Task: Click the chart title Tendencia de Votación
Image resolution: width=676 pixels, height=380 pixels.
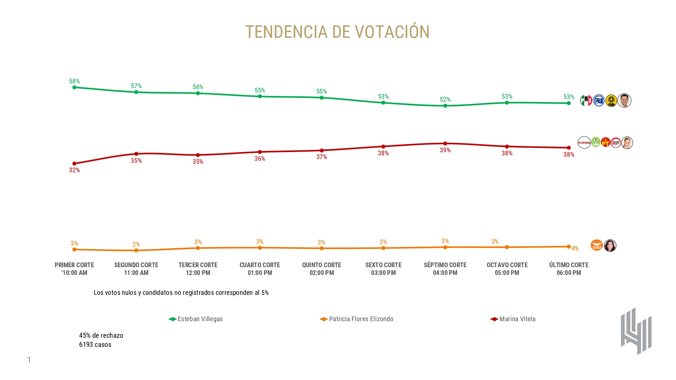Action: pos(337,32)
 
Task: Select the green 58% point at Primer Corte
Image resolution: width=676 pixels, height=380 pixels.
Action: pos(74,87)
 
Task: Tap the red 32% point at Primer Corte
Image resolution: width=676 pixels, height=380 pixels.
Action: pos(74,163)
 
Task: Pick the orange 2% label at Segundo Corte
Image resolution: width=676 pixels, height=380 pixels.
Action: pos(136,244)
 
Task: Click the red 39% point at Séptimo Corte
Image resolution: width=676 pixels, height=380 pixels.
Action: pos(445,144)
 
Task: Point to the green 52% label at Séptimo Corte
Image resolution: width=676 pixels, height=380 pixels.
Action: pos(445,100)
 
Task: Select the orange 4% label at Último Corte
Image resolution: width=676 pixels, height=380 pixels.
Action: pos(575,249)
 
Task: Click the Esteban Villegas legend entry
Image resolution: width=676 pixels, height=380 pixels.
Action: pos(196,319)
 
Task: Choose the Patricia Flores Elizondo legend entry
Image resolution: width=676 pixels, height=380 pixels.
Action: pos(357,319)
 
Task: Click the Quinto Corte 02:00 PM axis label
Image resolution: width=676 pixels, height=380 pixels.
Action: pos(321,269)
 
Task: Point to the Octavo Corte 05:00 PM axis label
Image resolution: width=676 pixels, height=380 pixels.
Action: pos(507,269)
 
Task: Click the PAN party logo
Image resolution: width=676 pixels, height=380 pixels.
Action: pos(599,101)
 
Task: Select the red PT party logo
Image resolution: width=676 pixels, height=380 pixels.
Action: pos(605,143)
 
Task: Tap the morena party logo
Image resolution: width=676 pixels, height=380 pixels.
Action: pos(584,143)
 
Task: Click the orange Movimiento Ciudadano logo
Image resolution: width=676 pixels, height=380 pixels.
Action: pos(597,246)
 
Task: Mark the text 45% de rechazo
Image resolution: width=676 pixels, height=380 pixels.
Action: pos(101,335)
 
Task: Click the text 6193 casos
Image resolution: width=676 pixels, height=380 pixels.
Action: pos(95,345)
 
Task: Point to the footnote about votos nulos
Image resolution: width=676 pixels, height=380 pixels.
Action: pos(181,293)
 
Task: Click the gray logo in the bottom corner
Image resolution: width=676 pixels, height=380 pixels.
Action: pos(636,331)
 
